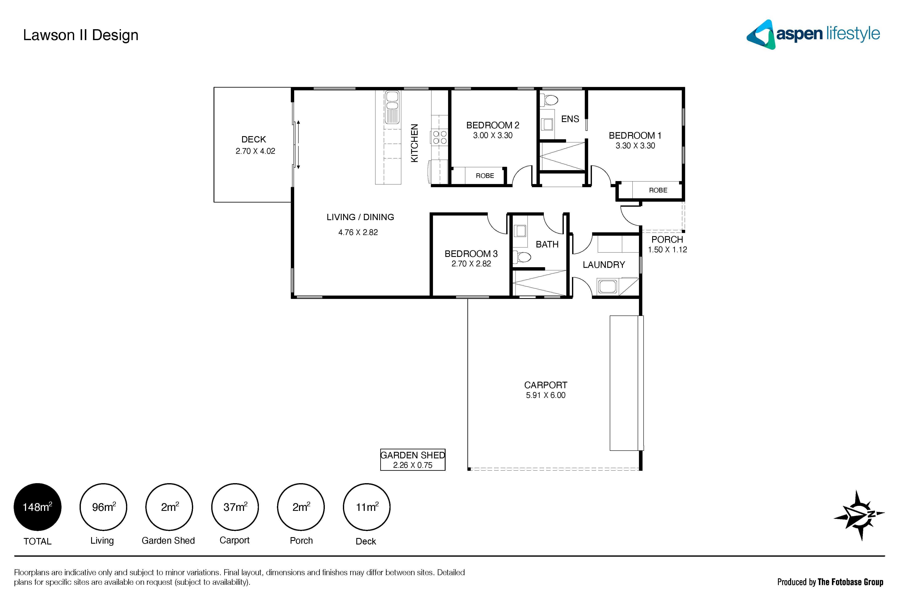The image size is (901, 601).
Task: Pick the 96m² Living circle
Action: point(104,507)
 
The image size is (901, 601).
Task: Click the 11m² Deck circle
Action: point(367,507)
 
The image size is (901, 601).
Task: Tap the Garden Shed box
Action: point(413,460)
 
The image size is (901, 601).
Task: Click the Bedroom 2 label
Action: point(493,125)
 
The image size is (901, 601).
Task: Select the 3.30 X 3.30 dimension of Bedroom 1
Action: point(635,146)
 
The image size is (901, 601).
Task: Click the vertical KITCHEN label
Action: point(414,143)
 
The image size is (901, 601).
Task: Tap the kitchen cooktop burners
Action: point(439,137)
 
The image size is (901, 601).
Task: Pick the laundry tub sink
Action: point(608,286)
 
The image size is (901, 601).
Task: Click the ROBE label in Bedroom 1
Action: point(658,190)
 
